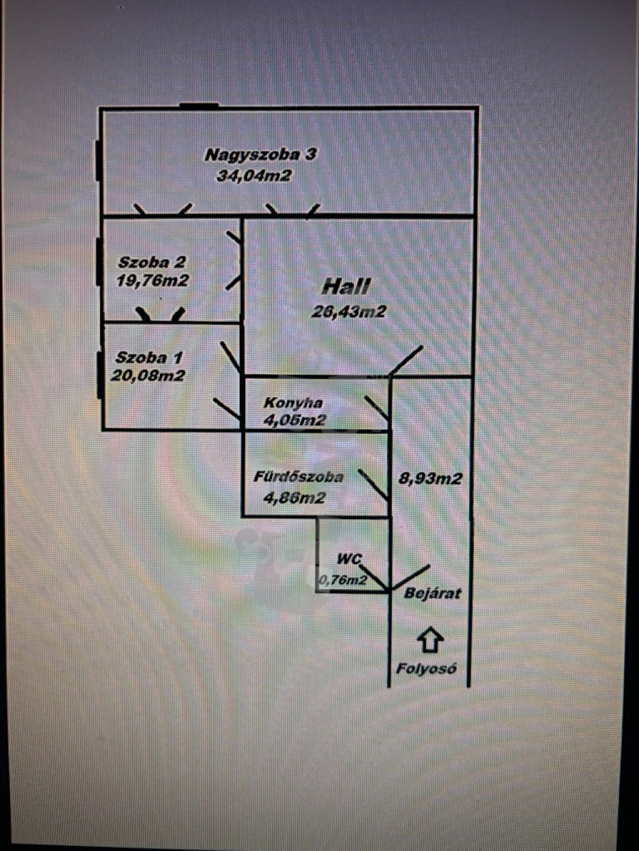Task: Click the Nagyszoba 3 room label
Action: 261,155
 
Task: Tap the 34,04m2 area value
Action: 254,176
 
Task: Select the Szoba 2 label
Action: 152,262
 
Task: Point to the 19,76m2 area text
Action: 152,281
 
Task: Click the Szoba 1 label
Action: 149,358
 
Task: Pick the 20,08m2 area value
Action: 148,376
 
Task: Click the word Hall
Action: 346,287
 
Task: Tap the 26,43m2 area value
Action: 349,312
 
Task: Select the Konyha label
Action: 293,403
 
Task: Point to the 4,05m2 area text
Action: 295,420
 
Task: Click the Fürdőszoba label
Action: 298,478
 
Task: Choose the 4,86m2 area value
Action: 295,498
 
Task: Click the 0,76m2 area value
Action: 342,580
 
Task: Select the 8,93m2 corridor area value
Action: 431,479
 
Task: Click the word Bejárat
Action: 432,593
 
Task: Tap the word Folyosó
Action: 426,669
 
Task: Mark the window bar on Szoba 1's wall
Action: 99,375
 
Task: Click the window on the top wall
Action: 199,106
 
